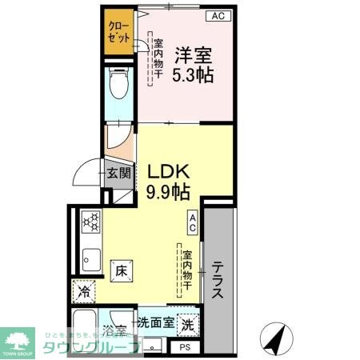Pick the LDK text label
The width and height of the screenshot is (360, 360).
click(x=167, y=171)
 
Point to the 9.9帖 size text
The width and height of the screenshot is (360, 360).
click(x=167, y=192)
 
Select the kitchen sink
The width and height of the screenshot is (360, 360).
click(x=89, y=258)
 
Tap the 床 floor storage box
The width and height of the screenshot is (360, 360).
click(x=120, y=270)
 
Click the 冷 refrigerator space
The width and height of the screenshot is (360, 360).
click(x=84, y=293)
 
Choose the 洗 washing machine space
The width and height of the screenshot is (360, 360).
click(x=186, y=326)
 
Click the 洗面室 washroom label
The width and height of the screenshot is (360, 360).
click(x=154, y=324)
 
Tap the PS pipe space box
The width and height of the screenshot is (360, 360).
click(x=186, y=346)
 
